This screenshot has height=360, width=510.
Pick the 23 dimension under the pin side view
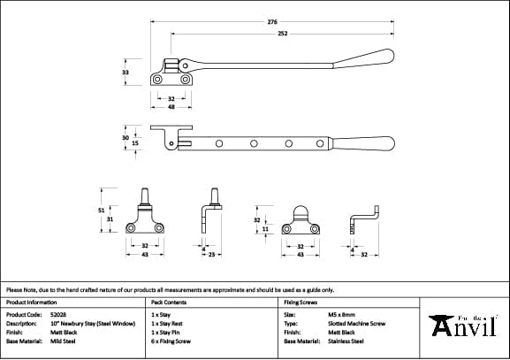[214, 255]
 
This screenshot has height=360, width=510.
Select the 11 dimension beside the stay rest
[265, 228]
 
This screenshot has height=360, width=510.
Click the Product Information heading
[30, 302]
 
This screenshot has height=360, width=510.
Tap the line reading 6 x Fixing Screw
[171, 341]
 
